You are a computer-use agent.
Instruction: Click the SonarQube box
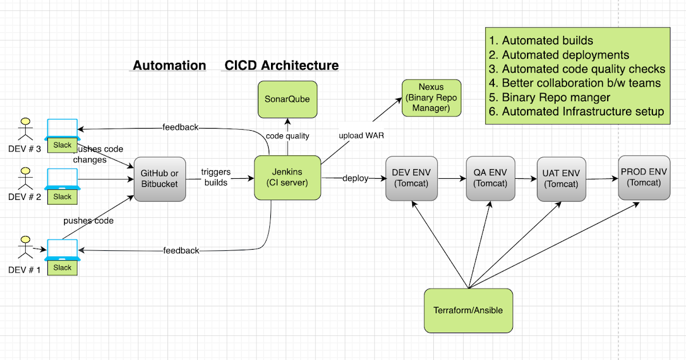(x=287, y=99)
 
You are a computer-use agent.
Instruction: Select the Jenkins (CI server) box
(x=288, y=178)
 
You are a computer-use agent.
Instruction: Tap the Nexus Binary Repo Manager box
(x=432, y=98)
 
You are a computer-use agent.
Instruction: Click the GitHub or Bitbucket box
(x=159, y=178)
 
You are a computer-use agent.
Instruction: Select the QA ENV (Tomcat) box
(x=490, y=178)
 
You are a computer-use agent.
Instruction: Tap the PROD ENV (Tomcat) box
(x=644, y=178)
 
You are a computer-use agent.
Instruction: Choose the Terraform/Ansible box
(x=468, y=310)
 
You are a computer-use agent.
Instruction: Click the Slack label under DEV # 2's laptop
(x=62, y=197)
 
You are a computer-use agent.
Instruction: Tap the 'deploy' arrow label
(x=355, y=178)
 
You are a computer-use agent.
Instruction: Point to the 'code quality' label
(x=288, y=136)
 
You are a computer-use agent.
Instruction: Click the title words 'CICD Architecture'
(x=281, y=65)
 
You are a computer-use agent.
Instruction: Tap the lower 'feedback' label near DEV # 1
(x=181, y=250)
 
